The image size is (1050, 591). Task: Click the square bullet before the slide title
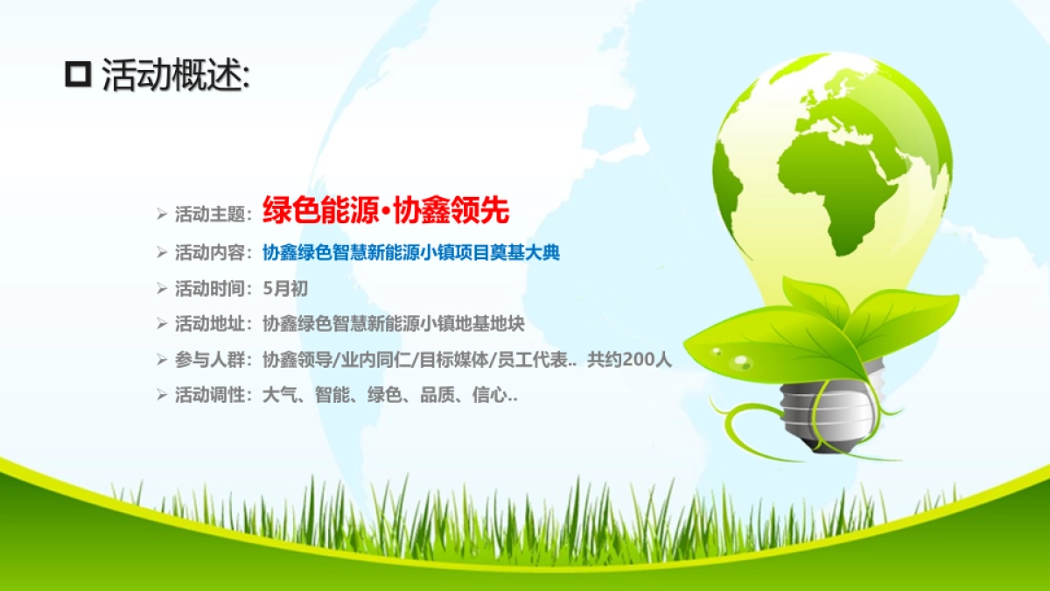78,75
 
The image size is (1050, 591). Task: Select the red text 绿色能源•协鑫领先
386,211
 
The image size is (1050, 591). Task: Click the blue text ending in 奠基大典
411,253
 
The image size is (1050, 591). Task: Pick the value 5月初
285,288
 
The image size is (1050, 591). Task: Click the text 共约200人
629,360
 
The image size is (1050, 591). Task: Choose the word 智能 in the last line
334,396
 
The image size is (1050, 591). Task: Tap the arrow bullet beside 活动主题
162,213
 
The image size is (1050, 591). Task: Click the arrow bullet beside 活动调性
162,395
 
